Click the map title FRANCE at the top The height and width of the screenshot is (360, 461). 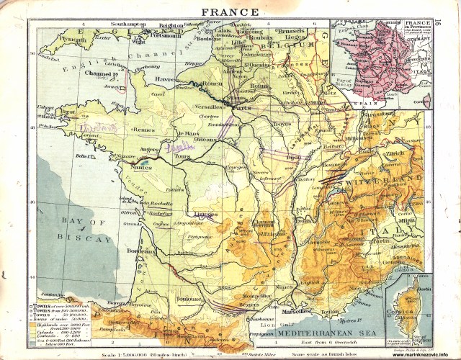coord(230,12)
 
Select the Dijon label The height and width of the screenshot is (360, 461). coord(292,156)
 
